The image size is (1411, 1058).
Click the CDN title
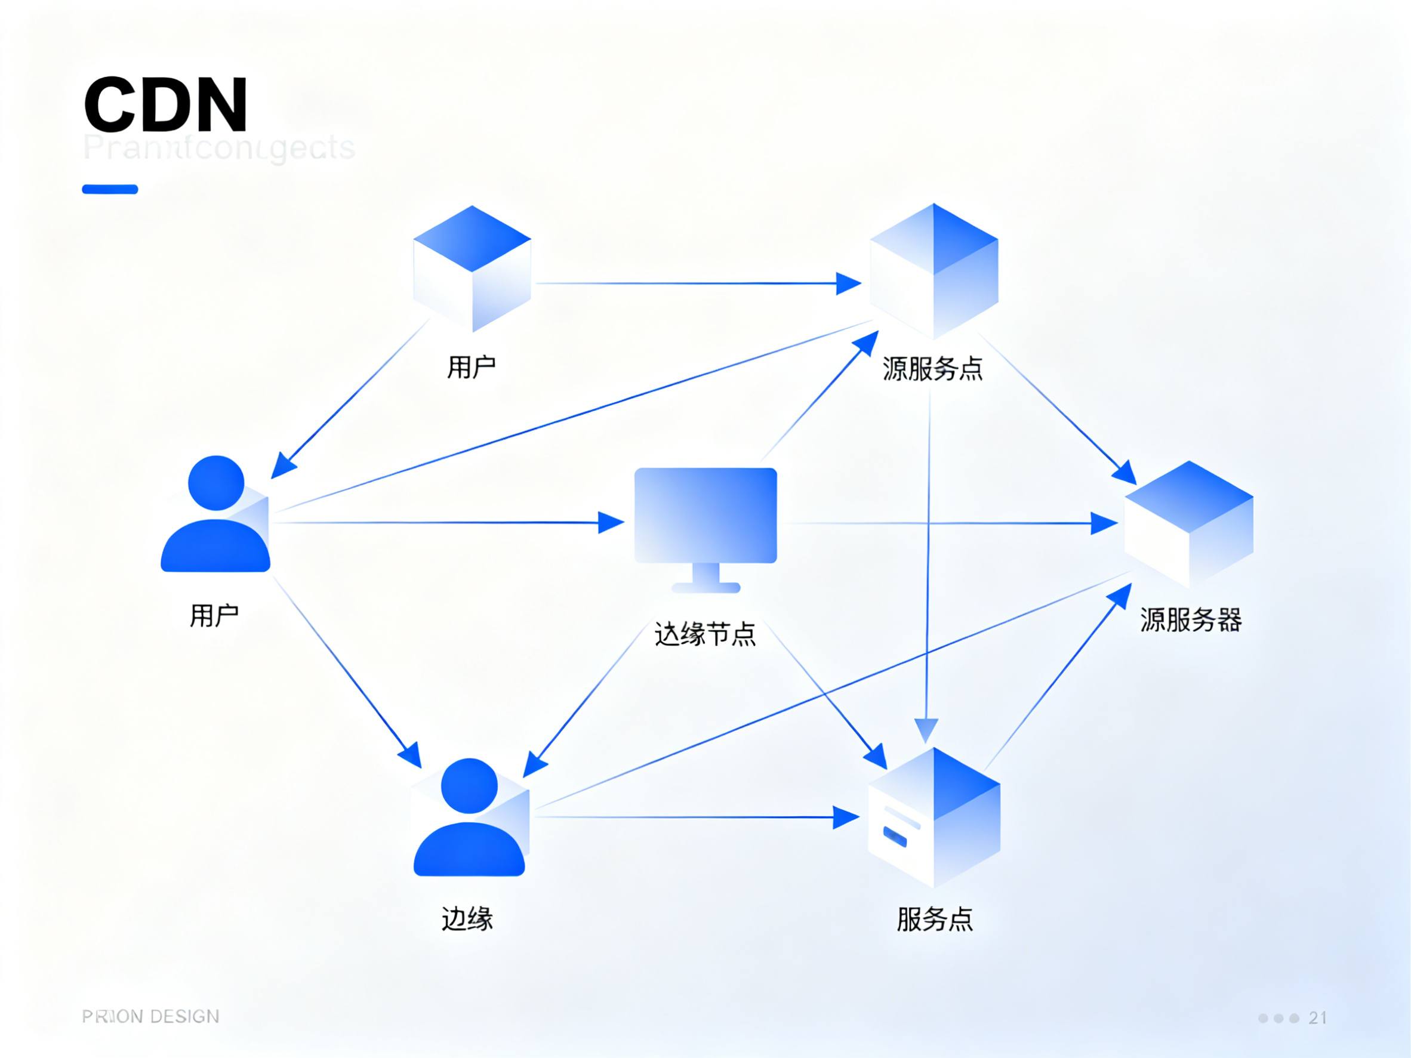(x=165, y=104)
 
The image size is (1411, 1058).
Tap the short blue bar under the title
(x=110, y=189)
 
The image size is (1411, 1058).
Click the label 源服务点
(x=932, y=369)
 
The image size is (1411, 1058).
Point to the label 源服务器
(x=1190, y=620)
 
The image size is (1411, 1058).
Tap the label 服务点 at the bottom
(x=935, y=919)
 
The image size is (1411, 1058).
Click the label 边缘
(x=467, y=919)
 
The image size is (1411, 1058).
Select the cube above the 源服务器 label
(x=1189, y=524)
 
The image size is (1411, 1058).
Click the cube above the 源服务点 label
(x=934, y=271)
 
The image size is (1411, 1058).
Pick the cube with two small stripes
(x=934, y=818)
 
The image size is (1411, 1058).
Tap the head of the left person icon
(x=216, y=483)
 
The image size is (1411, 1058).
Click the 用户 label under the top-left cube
(x=472, y=368)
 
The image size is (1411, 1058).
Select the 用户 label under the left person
(x=214, y=616)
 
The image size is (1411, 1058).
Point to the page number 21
(x=1318, y=1018)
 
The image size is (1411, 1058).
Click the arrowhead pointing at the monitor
(x=611, y=522)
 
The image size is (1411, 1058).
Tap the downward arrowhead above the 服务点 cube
(x=926, y=730)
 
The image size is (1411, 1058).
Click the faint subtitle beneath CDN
(x=219, y=148)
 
